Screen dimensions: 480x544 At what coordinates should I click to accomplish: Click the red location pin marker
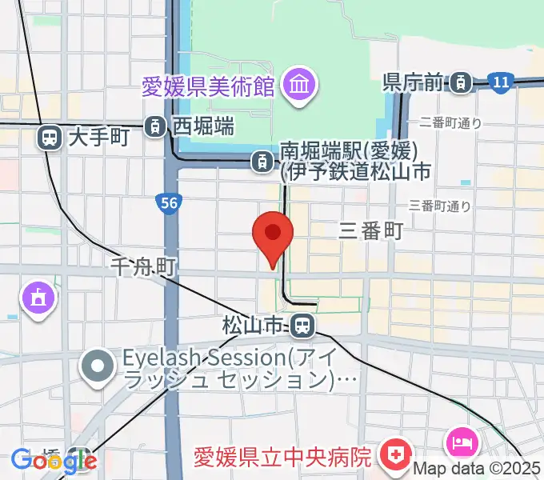click(273, 234)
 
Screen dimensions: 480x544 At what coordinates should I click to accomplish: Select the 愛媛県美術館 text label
click(207, 86)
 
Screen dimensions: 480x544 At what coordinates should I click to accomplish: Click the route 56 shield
click(168, 204)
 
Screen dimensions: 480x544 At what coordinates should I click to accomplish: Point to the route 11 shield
click(501, 82)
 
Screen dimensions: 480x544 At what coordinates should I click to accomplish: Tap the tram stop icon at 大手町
click(50, 138)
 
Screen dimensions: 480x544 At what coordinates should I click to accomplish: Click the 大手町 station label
click(98, 138)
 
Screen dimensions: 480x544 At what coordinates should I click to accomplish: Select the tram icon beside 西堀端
click(154, 125)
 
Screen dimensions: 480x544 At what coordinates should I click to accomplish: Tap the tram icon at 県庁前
click(460, 81)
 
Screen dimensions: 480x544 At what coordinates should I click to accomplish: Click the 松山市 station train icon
click(302, 325)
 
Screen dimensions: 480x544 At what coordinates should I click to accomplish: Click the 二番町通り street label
click(450, 122)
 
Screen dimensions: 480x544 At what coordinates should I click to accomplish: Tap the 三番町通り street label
click(439, 206)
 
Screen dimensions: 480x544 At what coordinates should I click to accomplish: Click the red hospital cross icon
click(394, 457)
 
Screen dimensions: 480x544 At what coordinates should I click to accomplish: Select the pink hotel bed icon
click(462, 440)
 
